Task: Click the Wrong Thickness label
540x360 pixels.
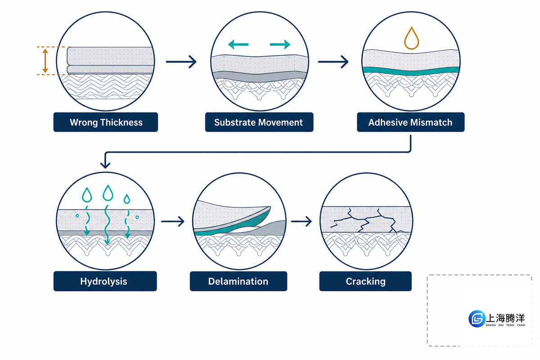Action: coord(106,122)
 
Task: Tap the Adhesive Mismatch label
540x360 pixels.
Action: coord(410,122)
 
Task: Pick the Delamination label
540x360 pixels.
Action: coord(238,281)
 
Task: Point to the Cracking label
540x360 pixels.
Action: coord(365,281)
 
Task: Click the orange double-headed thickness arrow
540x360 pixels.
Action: coord(45,61)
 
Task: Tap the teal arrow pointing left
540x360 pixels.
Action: coord(238,45)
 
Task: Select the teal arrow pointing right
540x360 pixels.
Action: coord(280,45)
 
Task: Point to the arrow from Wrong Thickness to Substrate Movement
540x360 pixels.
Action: coord(181,62)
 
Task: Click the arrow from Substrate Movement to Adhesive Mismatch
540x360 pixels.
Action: coord(333,62)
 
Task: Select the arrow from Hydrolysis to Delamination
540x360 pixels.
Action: coord(173,221)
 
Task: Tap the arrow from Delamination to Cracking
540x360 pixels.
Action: coord(301,221)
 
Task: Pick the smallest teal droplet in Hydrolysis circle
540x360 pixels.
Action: coord(127,199)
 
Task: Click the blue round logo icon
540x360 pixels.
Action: coord(477,319)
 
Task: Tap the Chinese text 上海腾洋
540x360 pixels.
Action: coord(505,318)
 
